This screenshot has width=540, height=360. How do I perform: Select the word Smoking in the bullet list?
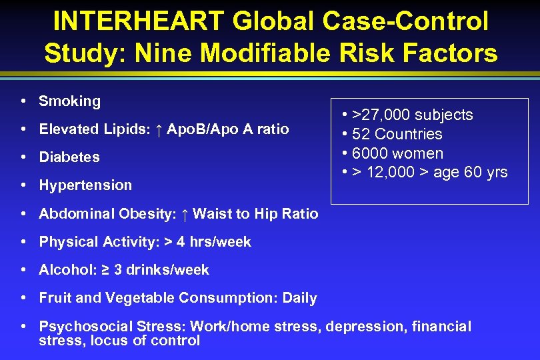pos(69,101)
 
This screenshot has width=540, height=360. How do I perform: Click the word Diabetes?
pos(69,157)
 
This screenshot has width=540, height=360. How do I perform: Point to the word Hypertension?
pos(85,185)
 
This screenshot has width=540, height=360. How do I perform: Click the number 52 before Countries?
pos(361,134)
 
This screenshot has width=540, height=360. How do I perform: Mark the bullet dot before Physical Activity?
pos(23,242)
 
